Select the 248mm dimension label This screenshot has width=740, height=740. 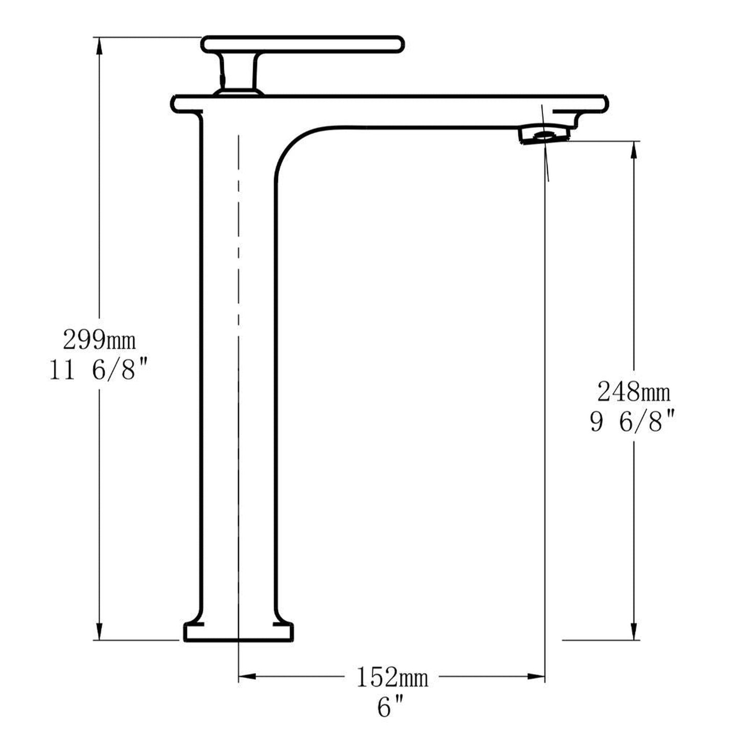634,393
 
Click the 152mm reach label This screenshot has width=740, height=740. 392,678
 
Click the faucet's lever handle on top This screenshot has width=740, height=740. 303,44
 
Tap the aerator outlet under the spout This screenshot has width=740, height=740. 544,136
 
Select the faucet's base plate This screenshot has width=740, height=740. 239,632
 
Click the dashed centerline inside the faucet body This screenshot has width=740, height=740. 239,307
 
